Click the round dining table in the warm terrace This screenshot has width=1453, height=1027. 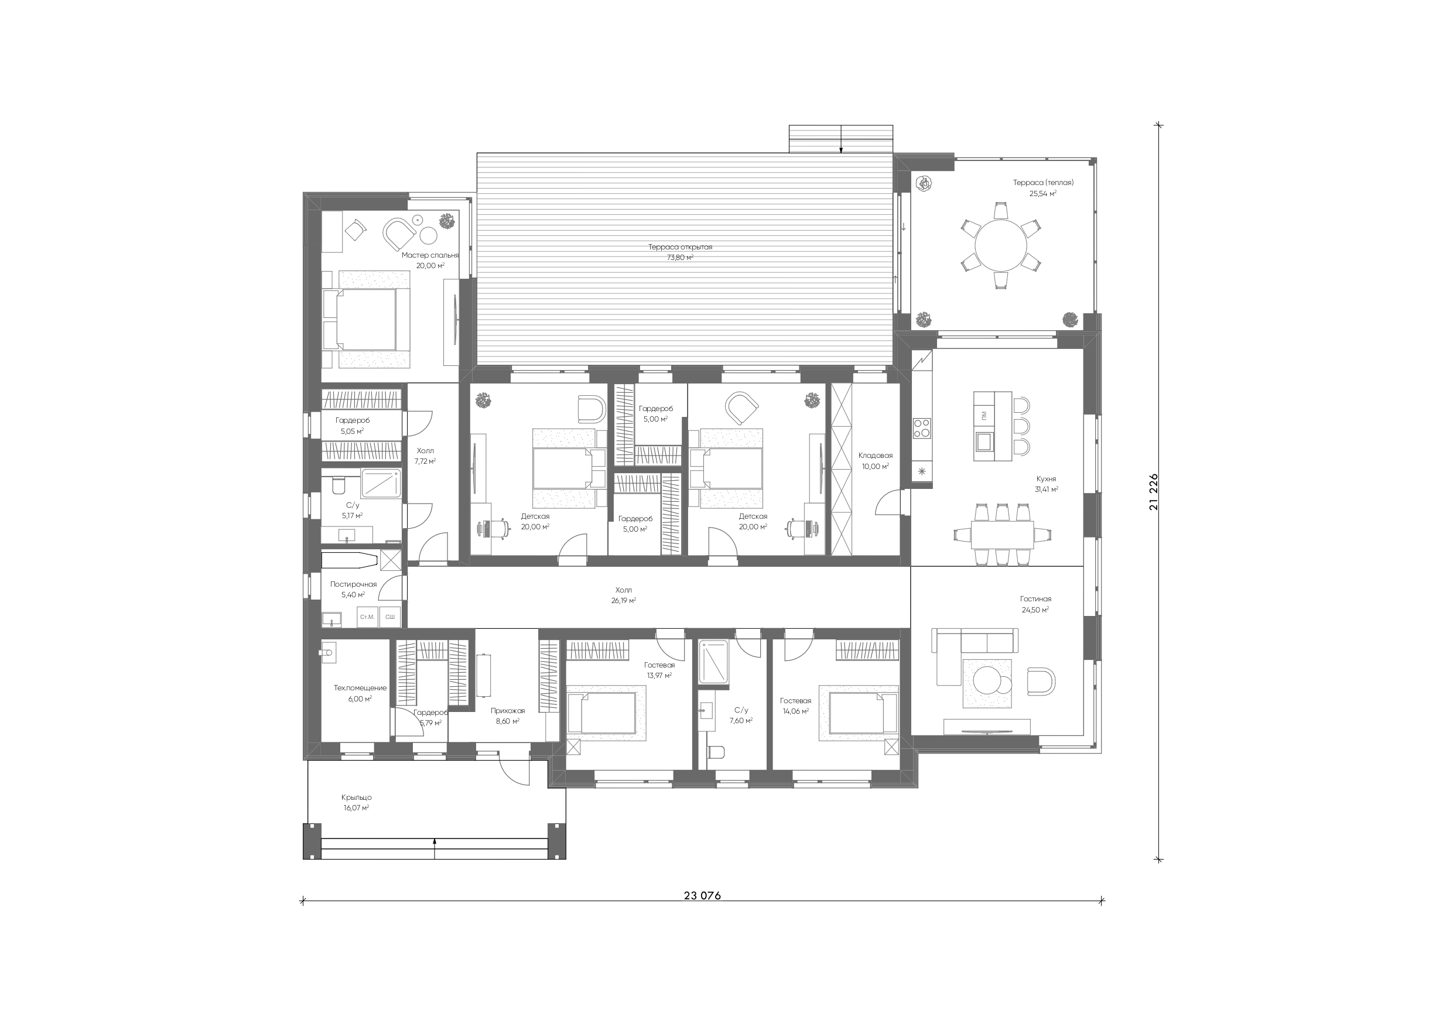1000,245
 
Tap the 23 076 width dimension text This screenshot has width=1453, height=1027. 702,895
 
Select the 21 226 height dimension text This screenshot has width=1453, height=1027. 1154,492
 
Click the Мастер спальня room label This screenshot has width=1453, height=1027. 430,255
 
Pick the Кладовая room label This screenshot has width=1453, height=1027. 875,455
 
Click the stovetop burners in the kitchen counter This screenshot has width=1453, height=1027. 921,428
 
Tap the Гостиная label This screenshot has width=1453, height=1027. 1035,598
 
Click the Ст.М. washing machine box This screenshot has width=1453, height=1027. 367,617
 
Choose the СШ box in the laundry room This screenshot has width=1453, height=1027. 390,617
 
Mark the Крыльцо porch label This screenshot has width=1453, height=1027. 356,797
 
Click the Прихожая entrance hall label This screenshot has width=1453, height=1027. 508,711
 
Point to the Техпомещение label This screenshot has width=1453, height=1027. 360,688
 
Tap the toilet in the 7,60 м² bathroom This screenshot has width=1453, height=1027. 715,752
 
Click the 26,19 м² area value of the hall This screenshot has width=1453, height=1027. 623,601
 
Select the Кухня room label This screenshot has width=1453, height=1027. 1046,479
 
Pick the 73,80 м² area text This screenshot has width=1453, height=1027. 681,258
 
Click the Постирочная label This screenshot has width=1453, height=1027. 353,584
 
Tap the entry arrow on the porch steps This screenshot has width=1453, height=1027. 435,847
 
